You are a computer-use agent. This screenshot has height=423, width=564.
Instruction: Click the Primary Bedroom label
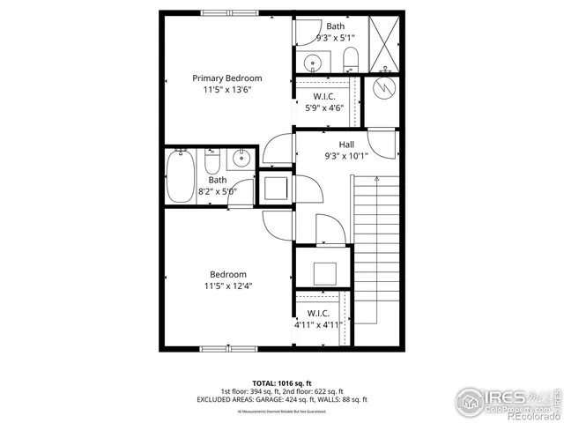pyautogui.click(x=227, y=78)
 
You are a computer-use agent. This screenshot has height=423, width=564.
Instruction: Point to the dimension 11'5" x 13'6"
pyautogui.click(x=227, y=90)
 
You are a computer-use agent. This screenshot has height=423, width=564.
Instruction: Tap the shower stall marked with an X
pyautogui.click(x=384, y=44)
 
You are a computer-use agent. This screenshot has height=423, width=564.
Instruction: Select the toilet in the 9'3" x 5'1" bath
pyautogui.click(x=350, y=60)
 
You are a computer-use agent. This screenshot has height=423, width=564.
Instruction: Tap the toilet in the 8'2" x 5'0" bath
pyautogui.click(x=211, y=164)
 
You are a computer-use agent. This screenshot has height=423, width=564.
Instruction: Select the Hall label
pyautogui.click(x=346, y=144)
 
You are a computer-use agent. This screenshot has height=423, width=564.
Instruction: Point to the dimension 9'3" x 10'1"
pyautogui.click(x=346, y=155)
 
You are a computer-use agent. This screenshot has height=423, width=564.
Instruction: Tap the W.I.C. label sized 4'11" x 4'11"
pyautogui.click(x=317, y=313)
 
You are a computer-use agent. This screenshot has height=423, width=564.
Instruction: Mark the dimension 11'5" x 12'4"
pyautogui.click(x=227, y=286)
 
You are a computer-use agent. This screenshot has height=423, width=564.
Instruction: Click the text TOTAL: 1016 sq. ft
pyautogui.click(x=281, y=383)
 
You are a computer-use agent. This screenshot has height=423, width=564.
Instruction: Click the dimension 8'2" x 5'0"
pyautogui.click(x=217, y=190)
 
